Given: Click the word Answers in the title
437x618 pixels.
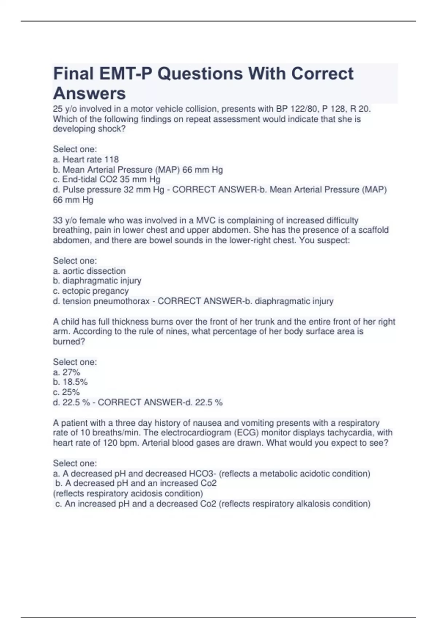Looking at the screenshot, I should click(x=89, y=93).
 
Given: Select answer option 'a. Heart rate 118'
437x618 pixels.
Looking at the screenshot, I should click(x=86, y=160).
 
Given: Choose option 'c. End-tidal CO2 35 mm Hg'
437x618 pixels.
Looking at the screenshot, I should click(x=107, y=180).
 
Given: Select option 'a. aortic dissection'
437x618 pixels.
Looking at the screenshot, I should click(x=89, y=271).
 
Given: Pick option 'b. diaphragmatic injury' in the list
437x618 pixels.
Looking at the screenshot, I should click(x=97, y=281).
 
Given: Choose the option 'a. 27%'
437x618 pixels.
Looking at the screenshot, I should click(x=67, y=372).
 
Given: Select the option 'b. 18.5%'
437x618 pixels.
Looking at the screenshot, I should click(x=70, y=382).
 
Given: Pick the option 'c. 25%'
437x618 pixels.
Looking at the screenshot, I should click(x=66, y=392).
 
